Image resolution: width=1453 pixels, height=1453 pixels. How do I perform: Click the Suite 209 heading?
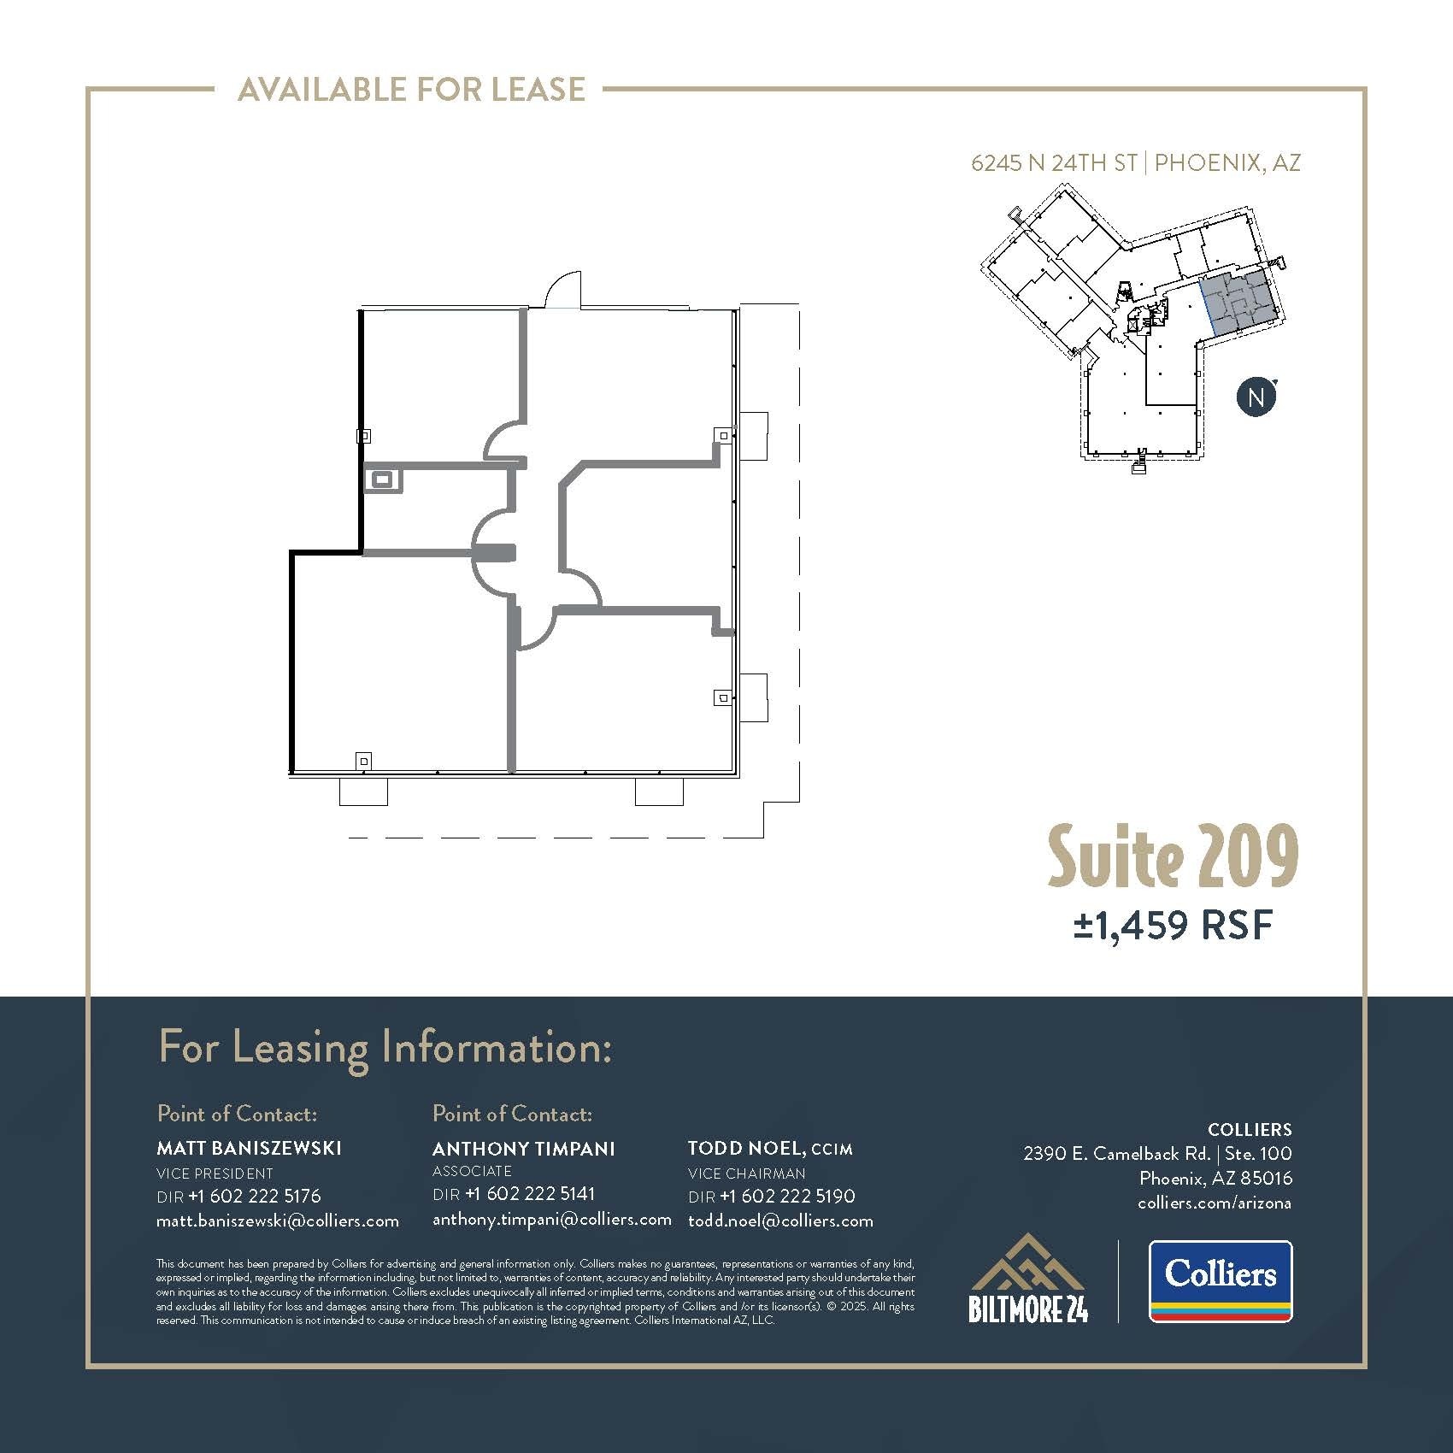[x=1173, y=857]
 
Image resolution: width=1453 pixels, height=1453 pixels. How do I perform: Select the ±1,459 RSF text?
[x=1173, y=925]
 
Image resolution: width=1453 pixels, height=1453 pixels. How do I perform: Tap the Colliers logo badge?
[x=1220, y=1280]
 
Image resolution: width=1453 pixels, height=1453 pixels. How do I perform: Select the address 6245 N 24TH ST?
[x=1053, y=162]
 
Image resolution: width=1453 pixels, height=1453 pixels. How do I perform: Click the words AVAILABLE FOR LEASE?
[x=411, y=89]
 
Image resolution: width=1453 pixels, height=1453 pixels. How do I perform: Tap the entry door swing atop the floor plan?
[x=564, y=291]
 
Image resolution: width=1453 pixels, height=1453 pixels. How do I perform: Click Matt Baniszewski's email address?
[x=278, y=1221]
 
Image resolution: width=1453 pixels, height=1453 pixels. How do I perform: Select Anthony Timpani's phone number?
[x=530, y=1193]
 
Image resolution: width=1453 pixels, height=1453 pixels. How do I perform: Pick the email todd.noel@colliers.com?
[x=780, y=1221]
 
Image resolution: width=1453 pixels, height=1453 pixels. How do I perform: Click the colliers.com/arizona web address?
[x=1215, y=1203]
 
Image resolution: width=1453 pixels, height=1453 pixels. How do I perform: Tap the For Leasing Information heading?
[x=385, y=1049]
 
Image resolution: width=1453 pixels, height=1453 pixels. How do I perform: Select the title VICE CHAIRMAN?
[x=746, y=1174]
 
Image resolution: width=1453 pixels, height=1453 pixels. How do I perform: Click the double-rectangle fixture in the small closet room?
[x=382, y=480]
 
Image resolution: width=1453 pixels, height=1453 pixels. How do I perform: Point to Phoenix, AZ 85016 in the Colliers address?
[x=1215, y=1178]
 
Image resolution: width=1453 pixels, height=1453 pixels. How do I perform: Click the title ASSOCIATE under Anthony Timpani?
[x=472, y=1171]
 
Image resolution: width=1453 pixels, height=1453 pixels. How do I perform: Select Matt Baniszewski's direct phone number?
[x=254, y=1196]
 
